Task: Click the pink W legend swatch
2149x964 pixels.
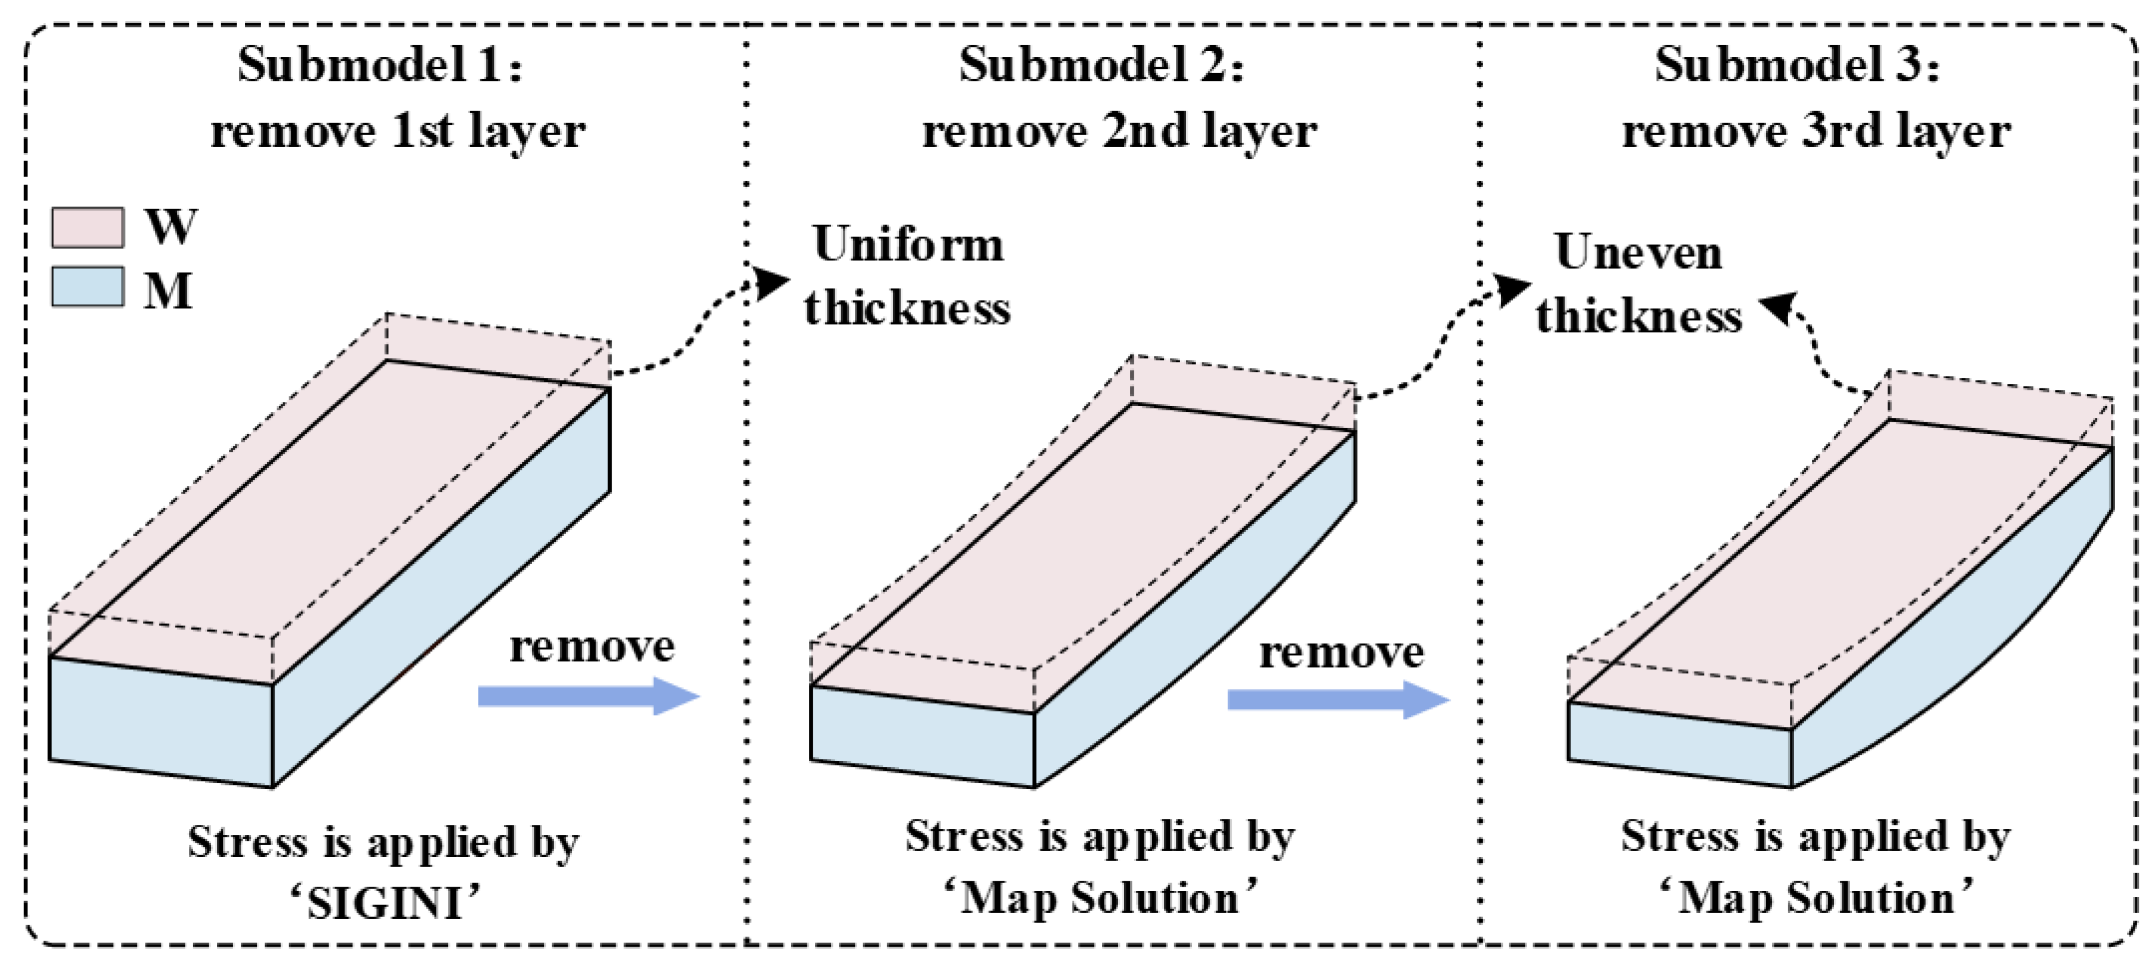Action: (87, 227)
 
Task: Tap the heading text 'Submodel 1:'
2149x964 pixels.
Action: (380, 64)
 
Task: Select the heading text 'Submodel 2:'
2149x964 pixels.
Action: (1100, 64)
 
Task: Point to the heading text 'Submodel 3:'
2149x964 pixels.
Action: (1797, 64)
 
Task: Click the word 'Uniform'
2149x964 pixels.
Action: (908, 244)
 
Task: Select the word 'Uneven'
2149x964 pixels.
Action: (1638, 252)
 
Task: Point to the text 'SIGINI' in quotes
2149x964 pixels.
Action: (385, 903)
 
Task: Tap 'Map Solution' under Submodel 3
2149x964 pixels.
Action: (1816, 899)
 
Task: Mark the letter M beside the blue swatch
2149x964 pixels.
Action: (168, 290)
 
